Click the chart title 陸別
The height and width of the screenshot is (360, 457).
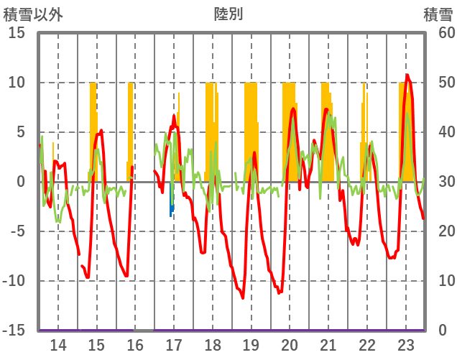pos(228,14)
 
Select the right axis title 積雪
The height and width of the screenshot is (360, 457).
pos(438,14)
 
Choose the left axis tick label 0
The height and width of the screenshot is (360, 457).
pos(21,182)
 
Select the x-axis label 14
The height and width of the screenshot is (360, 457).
pos(57,344)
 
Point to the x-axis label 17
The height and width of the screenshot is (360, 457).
pos(174,344)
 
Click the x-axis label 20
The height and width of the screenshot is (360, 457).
pos(290,344)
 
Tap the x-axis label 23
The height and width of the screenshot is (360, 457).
pos(405,344)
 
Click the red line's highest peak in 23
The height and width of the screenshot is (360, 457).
pos(407,75)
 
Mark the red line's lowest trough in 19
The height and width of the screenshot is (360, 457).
pos(243,297)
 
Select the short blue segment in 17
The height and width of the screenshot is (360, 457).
pos(171,208)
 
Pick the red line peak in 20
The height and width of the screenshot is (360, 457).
pos(293,109)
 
